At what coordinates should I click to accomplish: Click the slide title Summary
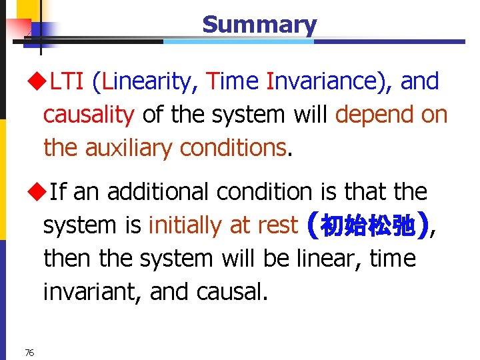pyautogui.click(x=259, y=25)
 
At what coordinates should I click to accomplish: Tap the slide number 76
pyautogui.click(x=29, y=352)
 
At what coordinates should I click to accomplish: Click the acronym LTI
pyautogui.click(x=67, y=82)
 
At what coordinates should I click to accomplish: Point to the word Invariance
pyautogui.click(x=327, y=82)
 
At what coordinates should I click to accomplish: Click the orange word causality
pyautogui.click(x=89, y=115)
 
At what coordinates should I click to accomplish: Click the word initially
pyautogui.click(x=186, y=225)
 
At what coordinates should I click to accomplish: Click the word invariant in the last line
pyautogui.click(x=90, y=291)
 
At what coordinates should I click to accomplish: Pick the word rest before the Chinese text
pyautogui.click(x=275, y=225)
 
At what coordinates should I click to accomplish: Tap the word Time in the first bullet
pyautogui.click(x=233, y=82)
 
